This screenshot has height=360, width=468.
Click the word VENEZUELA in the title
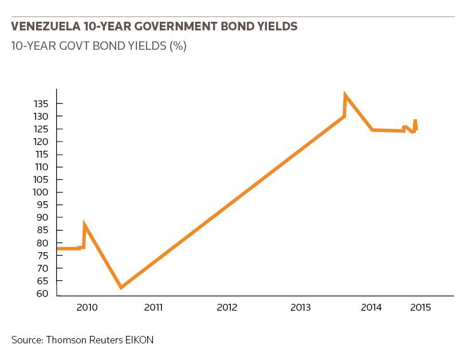tap(46, 26)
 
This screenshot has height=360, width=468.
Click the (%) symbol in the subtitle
tap(178, 46)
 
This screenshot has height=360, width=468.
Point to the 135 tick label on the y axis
tap(41, 104)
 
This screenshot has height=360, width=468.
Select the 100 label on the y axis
tap(40, 192)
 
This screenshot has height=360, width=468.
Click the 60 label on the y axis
tap(42, 294)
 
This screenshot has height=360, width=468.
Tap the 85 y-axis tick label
tap(42, 230)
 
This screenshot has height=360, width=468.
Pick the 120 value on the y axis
tap(41, 142)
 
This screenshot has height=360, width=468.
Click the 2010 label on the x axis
tap(87, 307)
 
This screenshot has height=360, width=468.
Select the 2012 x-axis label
tap(227, 307)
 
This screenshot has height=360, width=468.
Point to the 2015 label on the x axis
tap(420, 307)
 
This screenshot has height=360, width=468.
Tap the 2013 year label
tap(301, 307)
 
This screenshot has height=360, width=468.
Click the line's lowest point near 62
tap(121, 287)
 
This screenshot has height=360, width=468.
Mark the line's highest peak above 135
tap(345, 95)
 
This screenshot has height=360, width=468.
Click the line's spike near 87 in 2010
tap(84, 224)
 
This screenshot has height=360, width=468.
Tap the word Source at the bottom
tap(27, 340)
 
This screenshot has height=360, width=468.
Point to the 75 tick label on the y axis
tap(42, 256)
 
